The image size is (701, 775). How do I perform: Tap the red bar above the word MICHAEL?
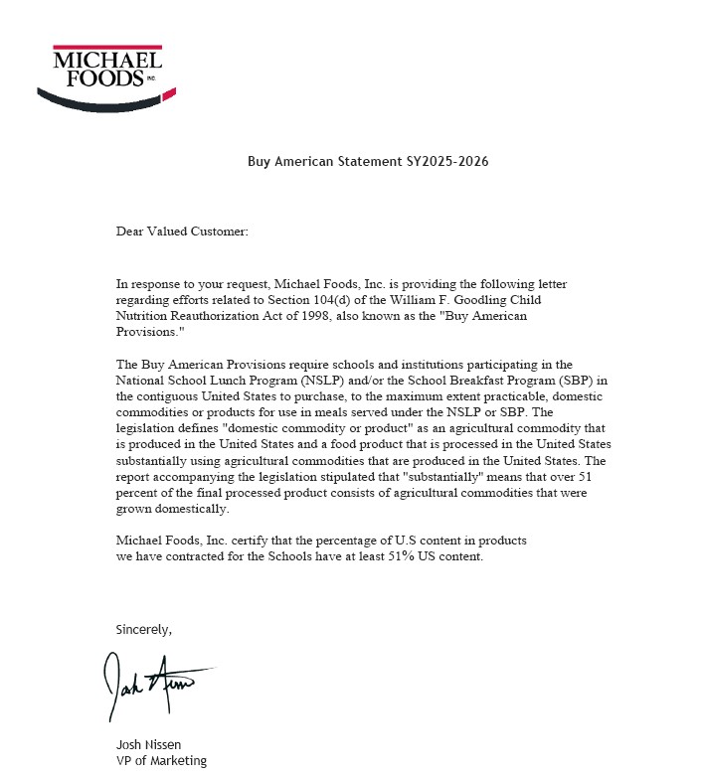(x=106, y=47)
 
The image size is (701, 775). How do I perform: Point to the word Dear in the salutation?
(x=131, y=232)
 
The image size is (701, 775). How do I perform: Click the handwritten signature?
(x=154, y=685)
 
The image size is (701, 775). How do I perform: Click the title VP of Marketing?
(x=161, y=761)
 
